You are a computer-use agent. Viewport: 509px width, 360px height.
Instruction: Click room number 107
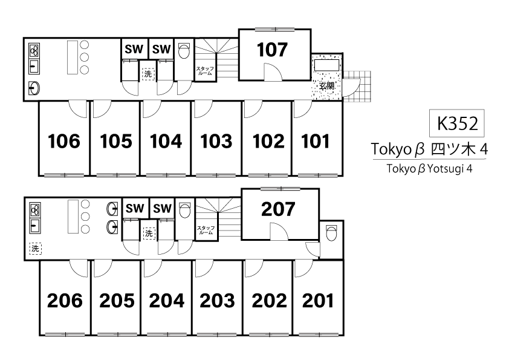273,50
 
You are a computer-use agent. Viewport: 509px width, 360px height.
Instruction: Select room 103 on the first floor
216,142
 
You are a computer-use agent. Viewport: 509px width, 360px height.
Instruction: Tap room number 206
65,301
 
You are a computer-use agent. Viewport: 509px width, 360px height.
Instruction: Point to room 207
278,209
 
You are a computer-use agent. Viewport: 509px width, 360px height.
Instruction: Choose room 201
318,301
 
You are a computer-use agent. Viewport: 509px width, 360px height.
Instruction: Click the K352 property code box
457,123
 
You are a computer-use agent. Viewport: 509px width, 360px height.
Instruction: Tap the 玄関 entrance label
326,86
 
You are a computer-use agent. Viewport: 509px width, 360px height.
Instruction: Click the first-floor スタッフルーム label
205,71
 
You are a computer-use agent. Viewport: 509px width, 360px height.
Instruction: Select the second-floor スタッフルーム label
206,230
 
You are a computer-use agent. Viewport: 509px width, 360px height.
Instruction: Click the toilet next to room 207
331,232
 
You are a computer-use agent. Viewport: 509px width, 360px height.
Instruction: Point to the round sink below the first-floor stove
34,88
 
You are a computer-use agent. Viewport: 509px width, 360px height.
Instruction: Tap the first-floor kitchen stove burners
34,51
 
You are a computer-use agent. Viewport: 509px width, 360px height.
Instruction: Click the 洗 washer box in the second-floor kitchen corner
36,249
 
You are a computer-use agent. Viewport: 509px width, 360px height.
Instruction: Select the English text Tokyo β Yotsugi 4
429,169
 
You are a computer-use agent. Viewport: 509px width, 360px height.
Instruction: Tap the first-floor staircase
216,59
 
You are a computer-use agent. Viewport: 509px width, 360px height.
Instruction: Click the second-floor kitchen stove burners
34,210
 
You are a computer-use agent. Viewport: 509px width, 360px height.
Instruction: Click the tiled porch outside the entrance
357,86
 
